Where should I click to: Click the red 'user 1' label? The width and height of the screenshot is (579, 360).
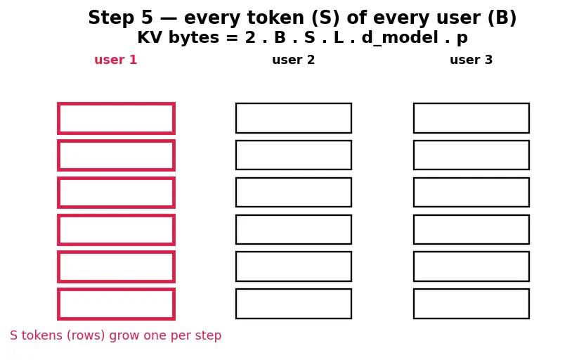pos(115,60)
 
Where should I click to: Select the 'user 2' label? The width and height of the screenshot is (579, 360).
pos(294,60)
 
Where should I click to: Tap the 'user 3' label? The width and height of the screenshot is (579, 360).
pos(471,60)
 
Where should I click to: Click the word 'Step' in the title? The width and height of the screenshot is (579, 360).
pos(111,18)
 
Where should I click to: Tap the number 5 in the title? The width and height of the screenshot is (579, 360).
pos(147,18)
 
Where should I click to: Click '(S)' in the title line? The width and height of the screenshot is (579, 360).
pos(325,18)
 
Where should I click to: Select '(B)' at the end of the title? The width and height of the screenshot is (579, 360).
pos(502,18)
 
